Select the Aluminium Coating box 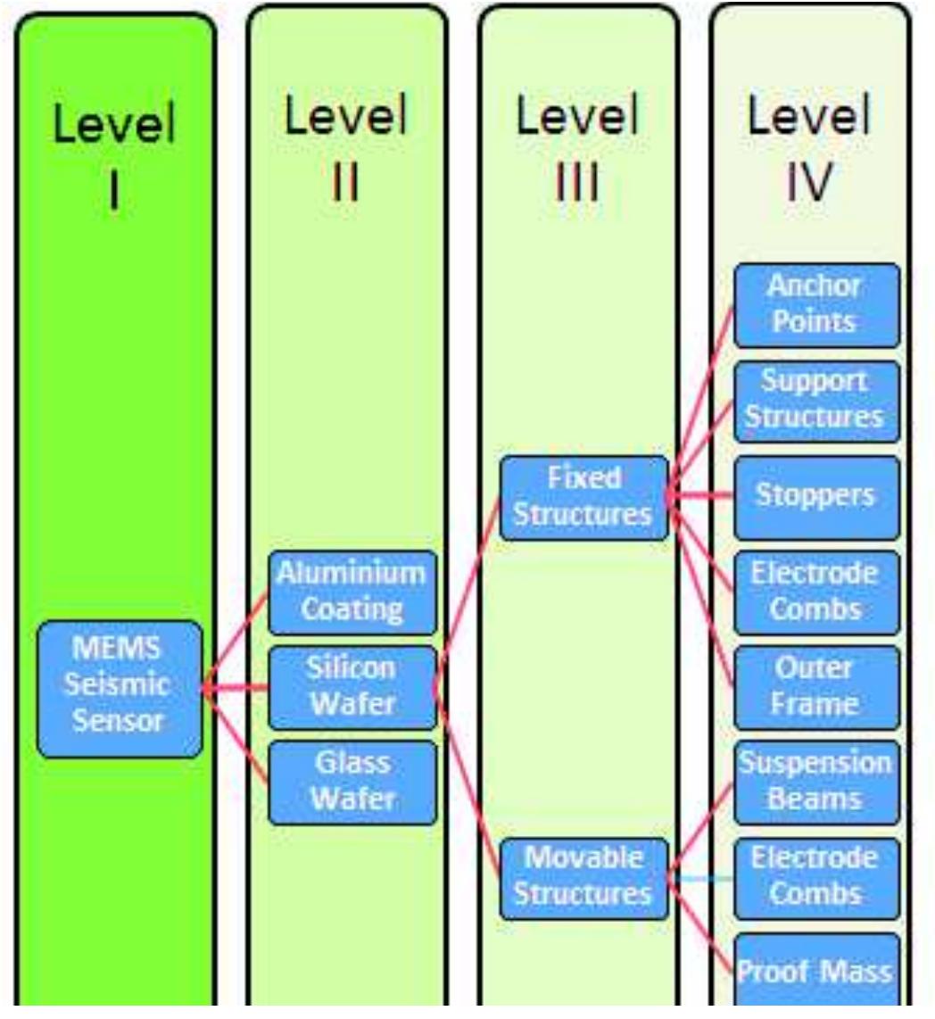click(x=352, y=592)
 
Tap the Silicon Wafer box click(x=352, y=687)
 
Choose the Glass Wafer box click(x=352, y=782)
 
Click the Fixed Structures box click(x=583, y=498)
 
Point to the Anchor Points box click(x=815, y=305)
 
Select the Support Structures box click(x=815, y=401)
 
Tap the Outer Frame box click(x=815, y=687)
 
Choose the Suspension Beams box click(x=815, y=782)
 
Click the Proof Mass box click(x=815, y=972)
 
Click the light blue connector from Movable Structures click(x=701, y=879)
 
